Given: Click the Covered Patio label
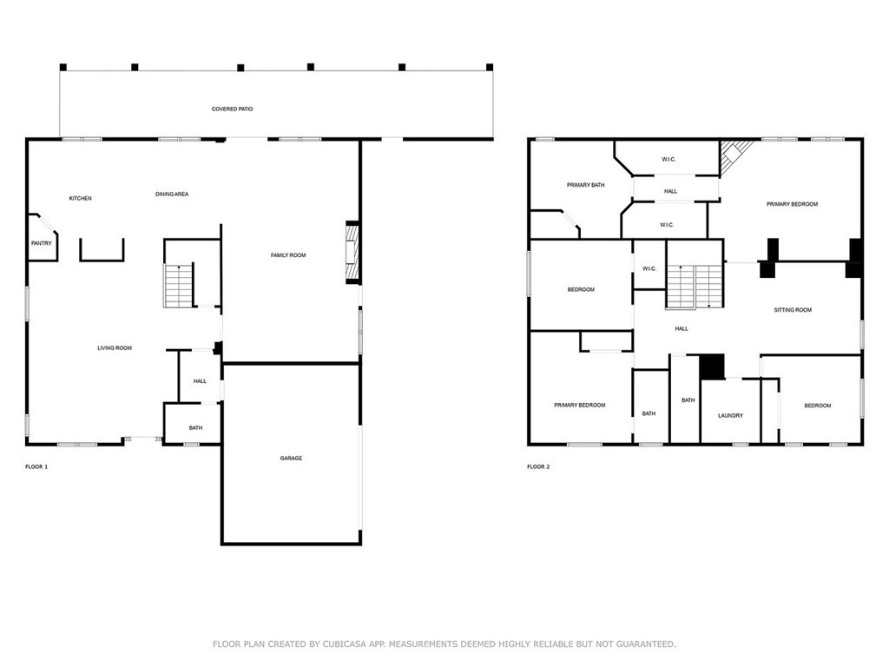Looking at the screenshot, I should (232, 109).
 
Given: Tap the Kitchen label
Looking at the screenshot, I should (81, 199).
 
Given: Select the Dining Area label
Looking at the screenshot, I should (172, 195).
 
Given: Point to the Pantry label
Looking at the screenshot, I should (42, 243).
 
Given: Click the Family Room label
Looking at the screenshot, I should (288, 255).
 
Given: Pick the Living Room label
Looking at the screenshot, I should (115, 348).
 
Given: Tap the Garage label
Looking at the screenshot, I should (291, 459).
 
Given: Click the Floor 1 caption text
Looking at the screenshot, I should (36, 467).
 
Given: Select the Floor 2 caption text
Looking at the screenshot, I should (538, 467).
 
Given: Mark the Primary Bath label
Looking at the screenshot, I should (585, 185).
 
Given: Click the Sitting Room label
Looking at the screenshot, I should (793, 310).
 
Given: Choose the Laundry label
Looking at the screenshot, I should (730, 416).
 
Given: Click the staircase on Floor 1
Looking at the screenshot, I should (179, 285).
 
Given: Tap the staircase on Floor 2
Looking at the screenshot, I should (695, 286).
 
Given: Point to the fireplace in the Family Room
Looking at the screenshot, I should (352, 253).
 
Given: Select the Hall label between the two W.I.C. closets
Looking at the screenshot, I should (670, 191).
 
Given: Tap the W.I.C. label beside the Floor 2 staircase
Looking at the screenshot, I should (649, 269).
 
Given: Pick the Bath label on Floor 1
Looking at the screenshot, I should (195, 427).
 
